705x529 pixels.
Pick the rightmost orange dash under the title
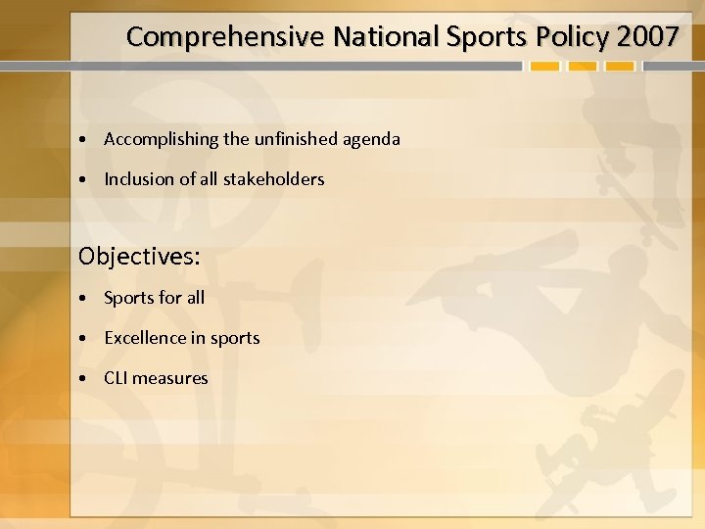pyautogui.click(x=620, y=68)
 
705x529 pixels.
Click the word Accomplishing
pyautogui.click(x=163, y=139)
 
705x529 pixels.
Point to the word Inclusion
pyautogui.click(x=140, y=179)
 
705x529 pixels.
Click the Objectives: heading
pyautogui.click(x=139, y=257)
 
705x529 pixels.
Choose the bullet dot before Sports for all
pyautogui.click(x=86, y=298)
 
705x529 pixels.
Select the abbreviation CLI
pyautogui.click(x=117, y=378)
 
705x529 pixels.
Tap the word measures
pyautogui.click(x=172, y=378)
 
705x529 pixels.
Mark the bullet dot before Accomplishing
pyautogui.click(x=86, y=140)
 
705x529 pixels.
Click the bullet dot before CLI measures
pyautogui.click(x=86, y=379)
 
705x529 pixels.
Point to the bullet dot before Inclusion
pyautogui.click(x=86, y=180)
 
